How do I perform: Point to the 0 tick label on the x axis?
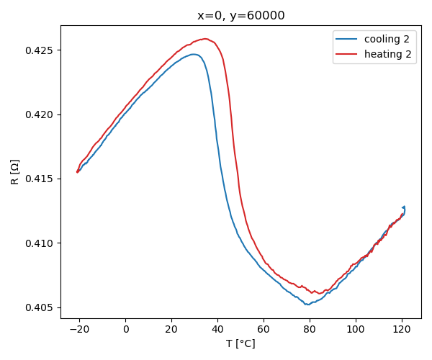pos(125,330)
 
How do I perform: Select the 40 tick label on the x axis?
pos(217,330)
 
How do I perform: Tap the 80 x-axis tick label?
pos(310,330)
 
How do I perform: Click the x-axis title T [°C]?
pos(240,344)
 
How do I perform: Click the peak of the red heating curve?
pos(205,39)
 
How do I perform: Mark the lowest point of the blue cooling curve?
pos(308,305)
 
